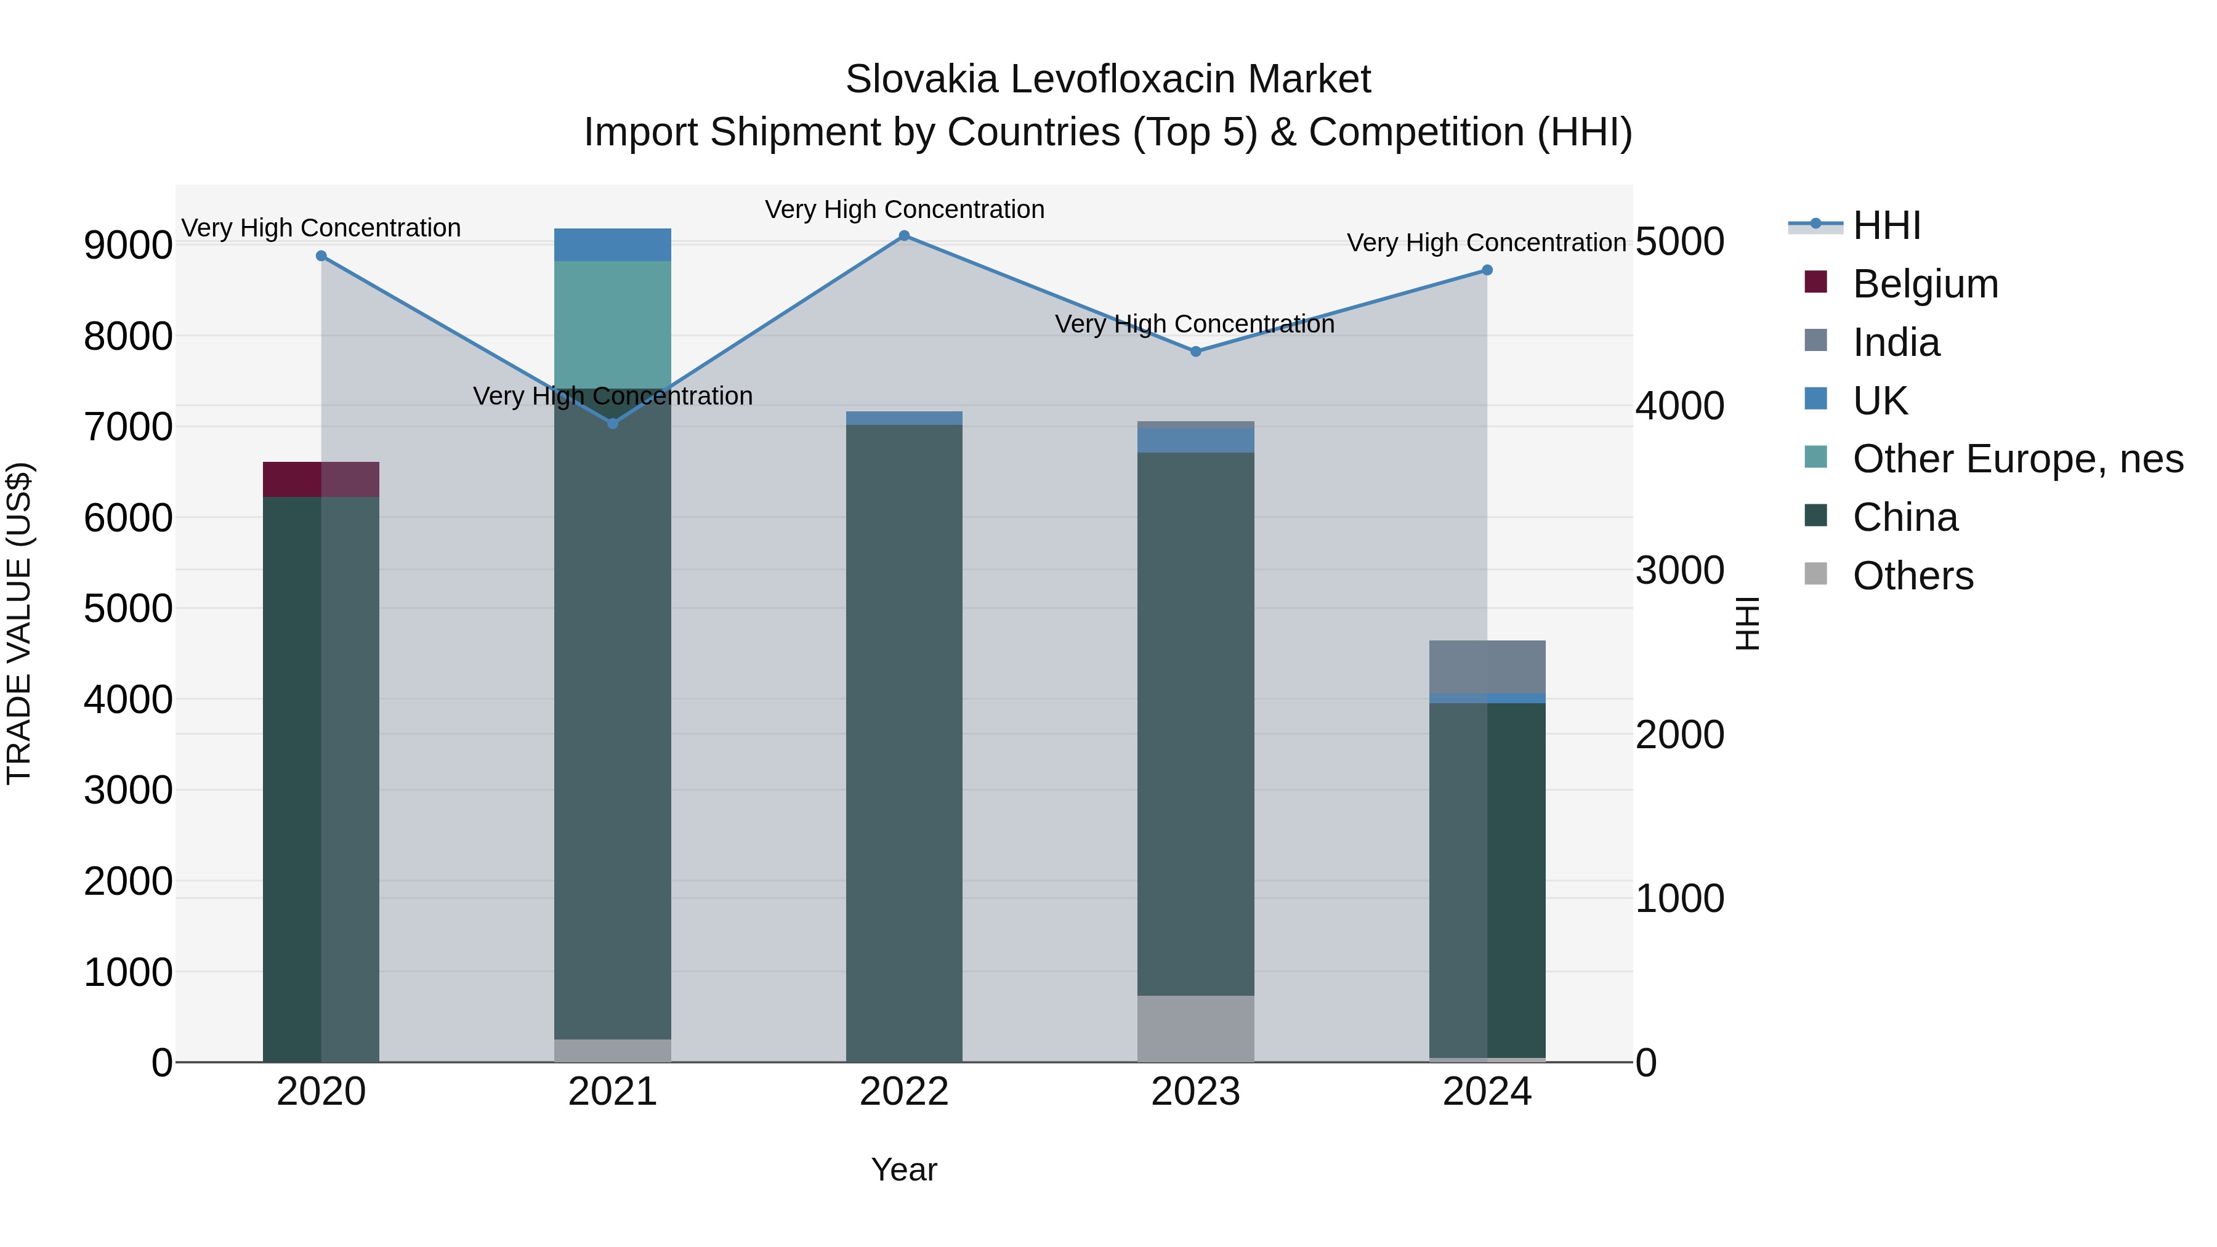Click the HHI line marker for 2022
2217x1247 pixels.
[x=903, y=235]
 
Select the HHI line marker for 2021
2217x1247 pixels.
[x=613, y=424]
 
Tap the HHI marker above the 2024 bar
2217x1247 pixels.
[x=1487, y=270]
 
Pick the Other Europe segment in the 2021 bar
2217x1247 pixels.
[x=613, y=325]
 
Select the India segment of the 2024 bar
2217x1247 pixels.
[x=1487, y=667]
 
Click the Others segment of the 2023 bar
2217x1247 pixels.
[x=1195, y=1028]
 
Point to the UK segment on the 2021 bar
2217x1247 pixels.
[x=613, y=244]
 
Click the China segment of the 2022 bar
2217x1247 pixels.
[x=903, y=740]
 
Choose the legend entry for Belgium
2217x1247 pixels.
[x=1924, y=284]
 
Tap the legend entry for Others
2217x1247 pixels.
[x=1912, y=576]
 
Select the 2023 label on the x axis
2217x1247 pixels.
[x=1195, y=1092]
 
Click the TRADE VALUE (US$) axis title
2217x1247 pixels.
[x=19, y=623]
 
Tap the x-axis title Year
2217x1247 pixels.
[x=903, y=1169]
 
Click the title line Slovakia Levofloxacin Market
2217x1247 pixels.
[x=1108, y=79]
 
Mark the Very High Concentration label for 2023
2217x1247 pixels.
[x=1195, y=325]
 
